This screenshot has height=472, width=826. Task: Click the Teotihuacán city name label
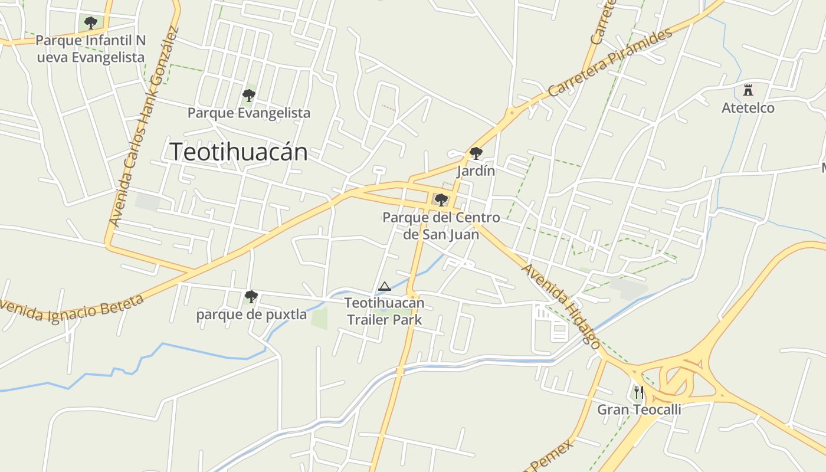(x=238, y=152)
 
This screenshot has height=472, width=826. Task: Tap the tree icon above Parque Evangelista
(x=249, y=95)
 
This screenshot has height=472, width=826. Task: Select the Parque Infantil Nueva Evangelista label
(x=90, y=49)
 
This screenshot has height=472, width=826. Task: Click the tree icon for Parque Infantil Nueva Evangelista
(x=91, y=24)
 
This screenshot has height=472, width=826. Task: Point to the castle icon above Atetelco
(x=748, y=90)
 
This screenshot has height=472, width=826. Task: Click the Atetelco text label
(x=748, y=108)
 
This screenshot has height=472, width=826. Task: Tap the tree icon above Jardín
(x=476, y=154)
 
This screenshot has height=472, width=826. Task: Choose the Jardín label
(x=476, y=171)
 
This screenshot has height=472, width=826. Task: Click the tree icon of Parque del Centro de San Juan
(x=441, y=200)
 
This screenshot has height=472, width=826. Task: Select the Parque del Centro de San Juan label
(x=441, y=226)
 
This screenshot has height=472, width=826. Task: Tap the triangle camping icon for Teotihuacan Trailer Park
(x=385, y=287)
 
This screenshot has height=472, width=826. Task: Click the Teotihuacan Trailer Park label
(x=384, y=312)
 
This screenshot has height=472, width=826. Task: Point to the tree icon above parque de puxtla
(x=251, y=296)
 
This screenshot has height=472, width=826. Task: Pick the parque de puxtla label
(x=251, y=314)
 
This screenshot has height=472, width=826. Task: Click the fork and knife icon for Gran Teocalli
(x=638, y=392)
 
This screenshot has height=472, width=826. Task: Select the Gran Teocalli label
(x=639, y=409)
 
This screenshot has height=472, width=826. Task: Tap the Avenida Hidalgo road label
(x=561, y=306)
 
